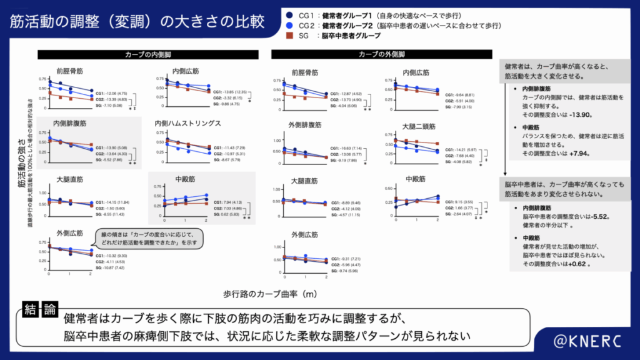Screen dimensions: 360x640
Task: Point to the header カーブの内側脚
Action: click(x=147, y=55)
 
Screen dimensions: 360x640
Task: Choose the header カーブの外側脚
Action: click(x=382, y=55)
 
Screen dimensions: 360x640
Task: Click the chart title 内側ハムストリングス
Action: click(x=187, y=124)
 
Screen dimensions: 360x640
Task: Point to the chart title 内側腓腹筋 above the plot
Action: click(x=71, y=124)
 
